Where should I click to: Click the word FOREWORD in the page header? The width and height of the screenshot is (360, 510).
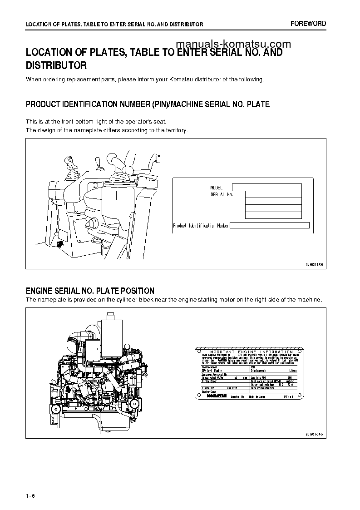tap(308, 24)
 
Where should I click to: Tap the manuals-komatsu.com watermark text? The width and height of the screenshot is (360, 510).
tap(232, 44)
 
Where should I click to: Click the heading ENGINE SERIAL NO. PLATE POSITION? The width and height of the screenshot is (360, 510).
tap(90, 291)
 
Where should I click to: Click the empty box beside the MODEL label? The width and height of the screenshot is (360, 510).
tap(266, 187)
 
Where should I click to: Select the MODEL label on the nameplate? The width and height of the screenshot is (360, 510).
tap(217, 188)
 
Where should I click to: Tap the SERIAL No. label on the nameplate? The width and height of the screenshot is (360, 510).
tap(222, 194)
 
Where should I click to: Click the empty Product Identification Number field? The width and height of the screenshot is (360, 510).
tap(270, 225)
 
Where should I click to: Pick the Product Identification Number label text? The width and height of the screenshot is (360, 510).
tap(201, 226)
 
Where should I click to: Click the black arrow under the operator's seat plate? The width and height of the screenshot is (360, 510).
tap(61, 244)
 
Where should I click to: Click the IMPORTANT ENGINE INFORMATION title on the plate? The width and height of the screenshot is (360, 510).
tap(250, 352)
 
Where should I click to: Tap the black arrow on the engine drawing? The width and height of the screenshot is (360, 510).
tap(69, 389)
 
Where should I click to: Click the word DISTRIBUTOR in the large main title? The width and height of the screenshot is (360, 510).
tap(56, 65)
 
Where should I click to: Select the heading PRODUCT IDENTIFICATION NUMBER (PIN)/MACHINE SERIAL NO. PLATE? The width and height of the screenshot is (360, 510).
tap(148, 104)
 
